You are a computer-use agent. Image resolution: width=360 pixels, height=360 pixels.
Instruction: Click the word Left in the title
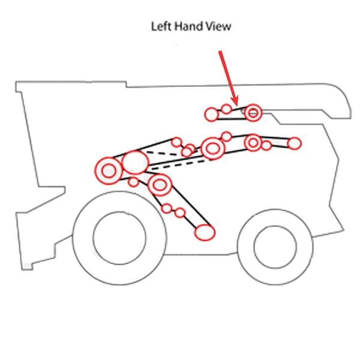click(x=161, y=26)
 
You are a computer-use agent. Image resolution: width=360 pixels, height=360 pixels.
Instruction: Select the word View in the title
click(x=218, y=26)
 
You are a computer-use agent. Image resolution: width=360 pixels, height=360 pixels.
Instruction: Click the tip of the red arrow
click(x=236, y=104)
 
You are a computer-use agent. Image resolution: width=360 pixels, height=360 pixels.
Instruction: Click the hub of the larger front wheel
click(x=119, y=238)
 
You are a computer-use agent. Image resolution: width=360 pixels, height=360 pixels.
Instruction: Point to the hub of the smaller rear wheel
click(x=275, y=247)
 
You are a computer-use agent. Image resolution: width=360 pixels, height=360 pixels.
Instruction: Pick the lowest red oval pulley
click(x=205, y=232)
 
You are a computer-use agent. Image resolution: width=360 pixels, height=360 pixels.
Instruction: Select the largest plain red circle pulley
click(x=135, y=163)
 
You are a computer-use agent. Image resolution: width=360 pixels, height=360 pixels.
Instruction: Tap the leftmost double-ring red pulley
click(x=109, y=171)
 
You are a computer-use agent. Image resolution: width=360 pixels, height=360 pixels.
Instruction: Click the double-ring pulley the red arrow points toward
click(x=253, y=113)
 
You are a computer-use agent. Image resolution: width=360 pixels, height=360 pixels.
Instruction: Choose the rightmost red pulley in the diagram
click(x=294, y=143)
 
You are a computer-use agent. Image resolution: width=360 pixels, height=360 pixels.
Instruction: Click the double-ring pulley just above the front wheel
click(x=160, y=185)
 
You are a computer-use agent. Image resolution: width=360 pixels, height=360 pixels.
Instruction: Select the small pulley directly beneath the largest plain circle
click(x=133, y=182)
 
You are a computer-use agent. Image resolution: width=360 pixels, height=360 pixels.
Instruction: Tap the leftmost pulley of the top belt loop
click(x=211, y=115)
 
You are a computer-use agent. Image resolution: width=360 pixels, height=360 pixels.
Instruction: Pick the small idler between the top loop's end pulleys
click(x=226, y=109)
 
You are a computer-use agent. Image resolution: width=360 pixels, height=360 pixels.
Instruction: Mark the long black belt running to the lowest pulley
click(x=191, y=206)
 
